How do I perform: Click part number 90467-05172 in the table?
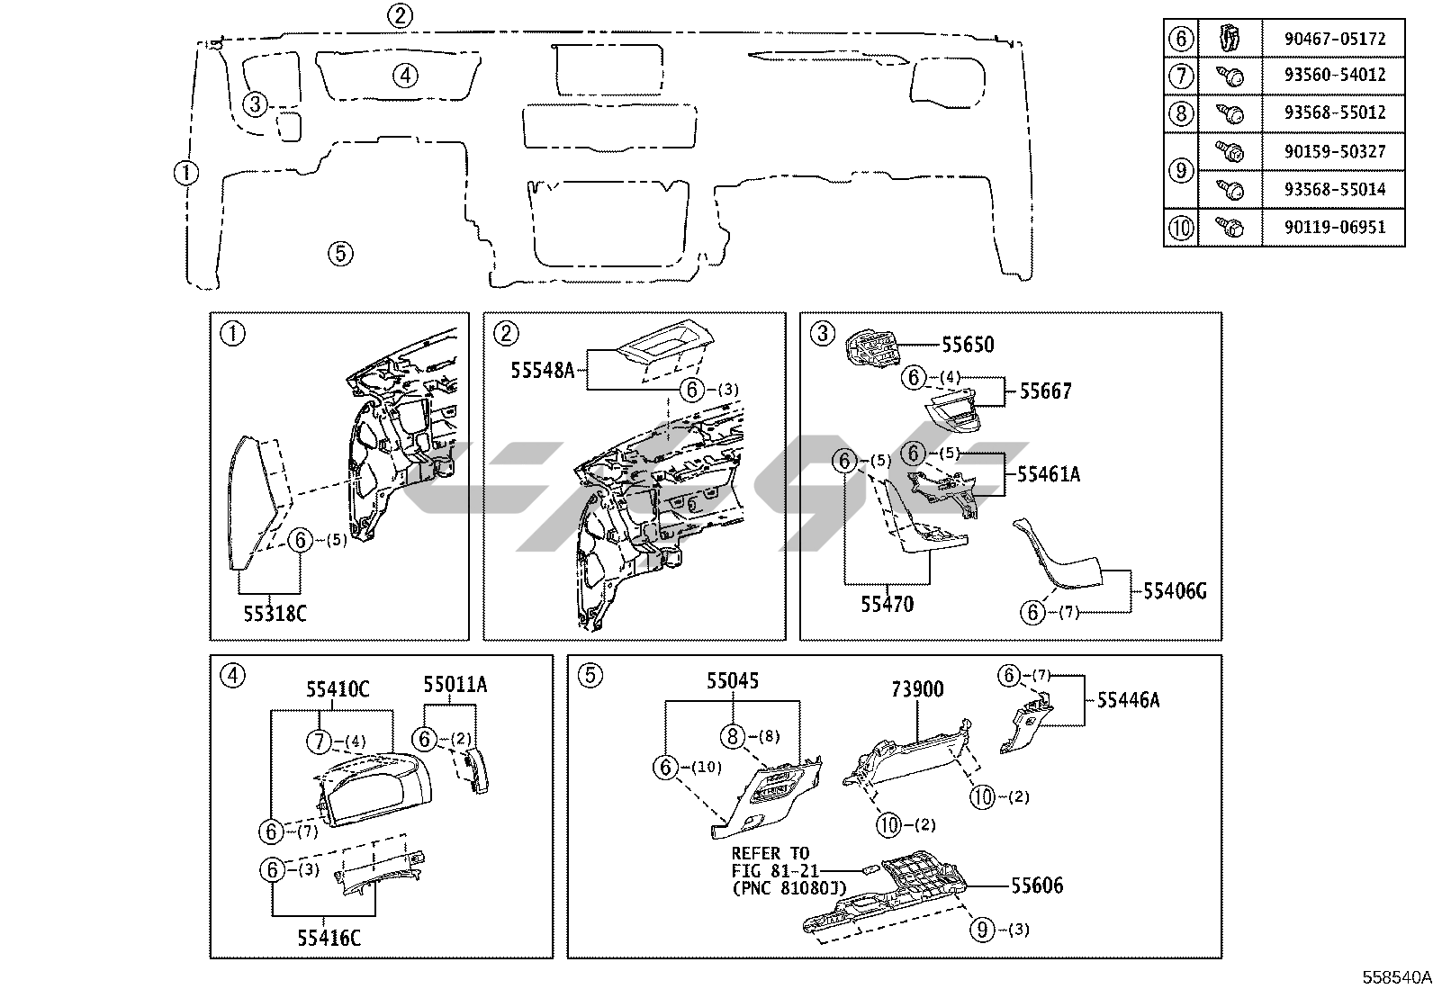1335,39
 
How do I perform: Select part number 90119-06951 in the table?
1335,227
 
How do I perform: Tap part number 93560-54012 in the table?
1335,75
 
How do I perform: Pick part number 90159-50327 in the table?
1335,151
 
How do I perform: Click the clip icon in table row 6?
1229,39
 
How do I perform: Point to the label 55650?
968,345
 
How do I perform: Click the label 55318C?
275,614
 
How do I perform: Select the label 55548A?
543,370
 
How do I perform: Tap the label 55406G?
1175,591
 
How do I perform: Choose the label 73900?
917,689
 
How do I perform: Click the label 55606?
1037,886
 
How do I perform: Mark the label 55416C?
329,938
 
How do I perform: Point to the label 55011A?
455,685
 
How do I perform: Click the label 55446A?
1129,700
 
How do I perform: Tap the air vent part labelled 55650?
873,352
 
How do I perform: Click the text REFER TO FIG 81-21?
772,862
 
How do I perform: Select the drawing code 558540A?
1396,976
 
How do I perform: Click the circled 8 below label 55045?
733,736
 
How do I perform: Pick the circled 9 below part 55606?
983,929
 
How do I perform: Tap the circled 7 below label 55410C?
320,742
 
